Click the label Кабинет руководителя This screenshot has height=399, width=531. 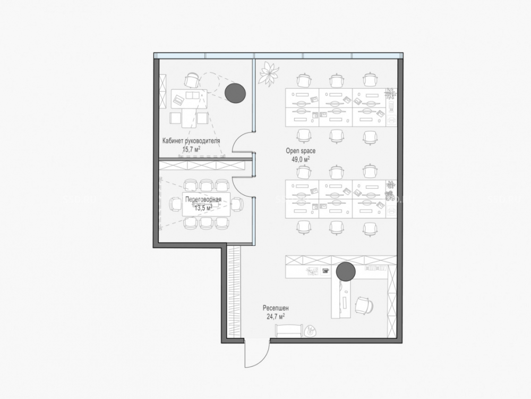pyautogui.click(x=191, y=141)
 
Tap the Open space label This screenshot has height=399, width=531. pyautogui.click(x=301, y=151)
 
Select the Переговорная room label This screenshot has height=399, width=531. pyautogui.click(x=203, y=199)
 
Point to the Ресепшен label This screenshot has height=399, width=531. pyautogui.click(x=276, y=309)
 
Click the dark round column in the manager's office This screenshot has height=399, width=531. pyautogui.click(x=235, y=93)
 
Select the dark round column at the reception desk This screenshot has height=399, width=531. pyautogui.click(x=346, y=272)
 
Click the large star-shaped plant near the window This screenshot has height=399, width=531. pyautogui.click(x=269, y=73)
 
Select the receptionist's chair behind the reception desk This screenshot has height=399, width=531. pyautogui.click(x=365, y=305)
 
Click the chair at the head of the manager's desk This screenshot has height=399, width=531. pyautogui.click(x=192, y=81)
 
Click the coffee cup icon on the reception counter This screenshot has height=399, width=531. pyautogui.click(x=326, y=271)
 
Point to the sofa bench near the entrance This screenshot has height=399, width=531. pyautogui.click(x=288, y=331)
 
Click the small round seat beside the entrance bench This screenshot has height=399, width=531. pyautogui.click(x=310, y=331)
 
